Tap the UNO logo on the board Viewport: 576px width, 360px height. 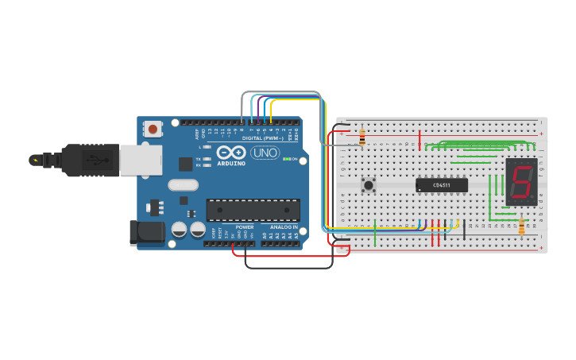click(x=265, y=153)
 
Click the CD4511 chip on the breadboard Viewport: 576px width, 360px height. click(x=442, y=185)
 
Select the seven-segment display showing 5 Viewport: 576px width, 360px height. click(x=522, y=181)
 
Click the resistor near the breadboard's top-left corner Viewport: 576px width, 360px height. click(x=362, y=137)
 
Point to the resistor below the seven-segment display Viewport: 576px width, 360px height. click(x=521, y=228)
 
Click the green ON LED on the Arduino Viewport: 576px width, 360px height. click(x=286, y=159)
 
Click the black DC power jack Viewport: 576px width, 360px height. click(x=147, y=233)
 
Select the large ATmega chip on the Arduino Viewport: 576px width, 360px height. click(x=253, y=210)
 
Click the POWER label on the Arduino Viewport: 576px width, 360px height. click(x=245, y=227)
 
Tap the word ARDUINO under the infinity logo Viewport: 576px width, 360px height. click(x=231, y=163)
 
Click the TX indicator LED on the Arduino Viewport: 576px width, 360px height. click(x=208, y=159)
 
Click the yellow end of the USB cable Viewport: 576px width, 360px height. click(x=34, y=160)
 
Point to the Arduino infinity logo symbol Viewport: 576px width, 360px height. click(x=231, y=152)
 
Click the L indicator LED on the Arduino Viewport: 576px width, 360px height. click(x=208, y=147)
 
